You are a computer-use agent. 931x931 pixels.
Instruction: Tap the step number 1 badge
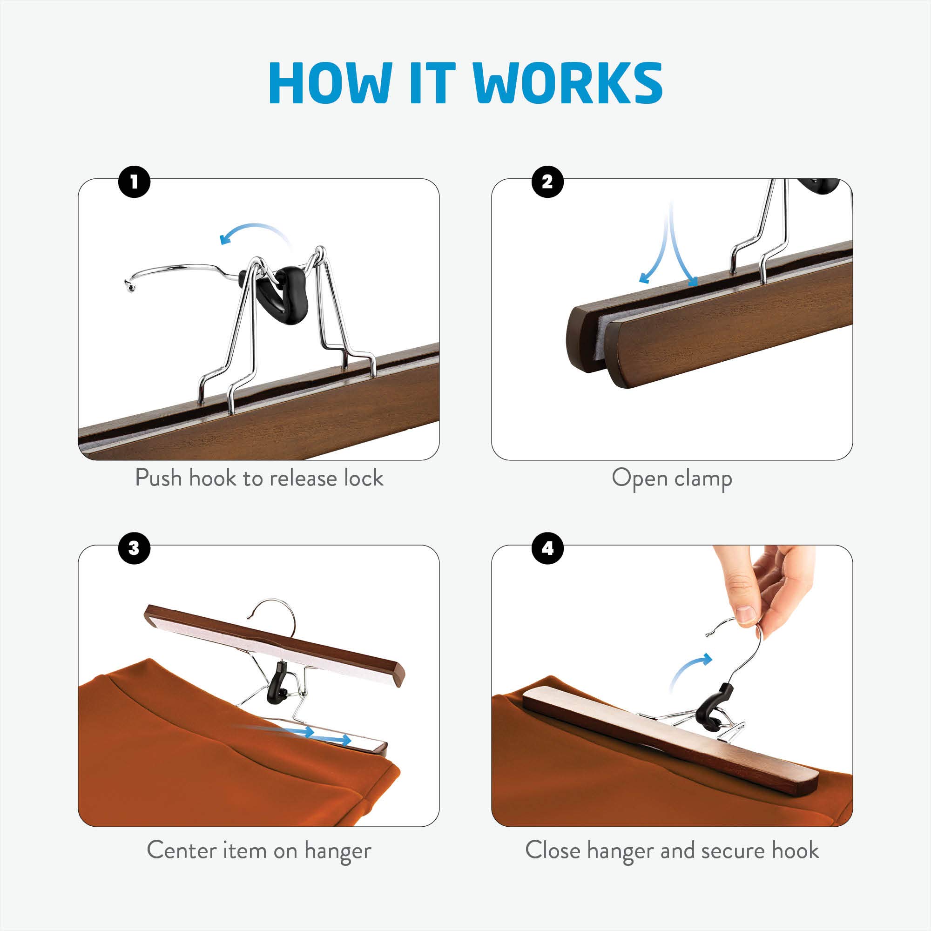coord(134,182)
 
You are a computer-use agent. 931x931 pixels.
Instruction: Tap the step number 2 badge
coord(547,182)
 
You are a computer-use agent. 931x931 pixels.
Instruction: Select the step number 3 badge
coord(134,548)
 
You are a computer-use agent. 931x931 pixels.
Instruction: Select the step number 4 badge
coord(547,548)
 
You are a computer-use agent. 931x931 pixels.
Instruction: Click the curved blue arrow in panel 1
coord(253,230)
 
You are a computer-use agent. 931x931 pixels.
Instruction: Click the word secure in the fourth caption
coord(732,850)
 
